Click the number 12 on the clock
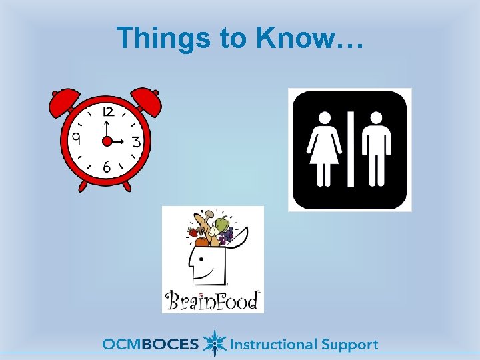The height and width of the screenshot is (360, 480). point(107,112)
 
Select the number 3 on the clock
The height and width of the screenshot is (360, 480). point(135,142)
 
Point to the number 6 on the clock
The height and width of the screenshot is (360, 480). point(107,168)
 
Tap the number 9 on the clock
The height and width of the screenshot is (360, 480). point(77,139)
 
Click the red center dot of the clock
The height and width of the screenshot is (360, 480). point(106,141)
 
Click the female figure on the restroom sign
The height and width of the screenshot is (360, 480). point(325,148)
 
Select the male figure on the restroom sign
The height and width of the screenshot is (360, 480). point(376,148)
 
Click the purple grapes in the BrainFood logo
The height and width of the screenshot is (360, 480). point(227,234)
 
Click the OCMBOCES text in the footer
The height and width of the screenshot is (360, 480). point(151,345)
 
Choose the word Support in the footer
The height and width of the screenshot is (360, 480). point(350,345)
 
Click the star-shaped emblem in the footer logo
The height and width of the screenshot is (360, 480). point(214,343)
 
